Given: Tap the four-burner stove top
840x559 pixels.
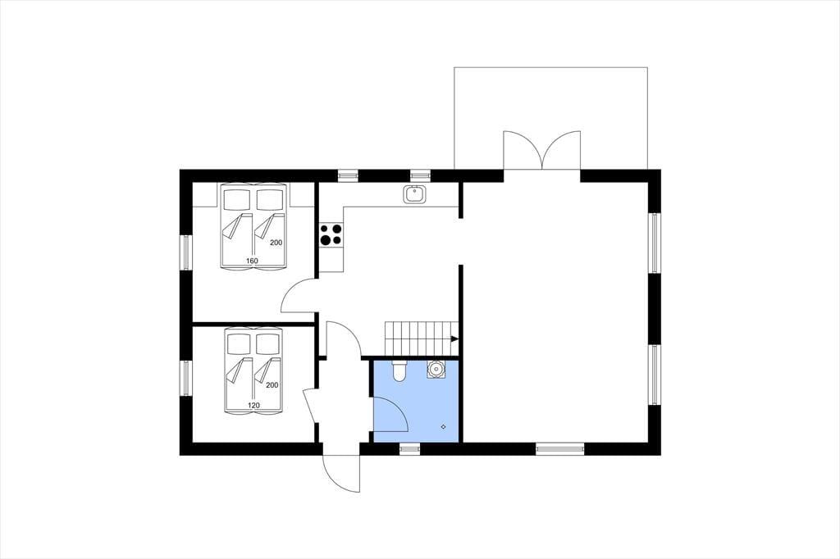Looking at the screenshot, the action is pyautogui.click(x=331, y=235).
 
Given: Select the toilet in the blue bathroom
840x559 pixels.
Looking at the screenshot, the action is pyautogui.click(x=399, y=370).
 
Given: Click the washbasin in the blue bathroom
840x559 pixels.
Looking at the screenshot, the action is pyautogui.click(x=436, y=370).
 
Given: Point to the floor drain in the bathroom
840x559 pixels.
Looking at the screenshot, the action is pyautogui.click(x=444, y=426).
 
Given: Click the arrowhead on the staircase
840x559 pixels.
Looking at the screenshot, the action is pyautogui.click(x=454, y=339).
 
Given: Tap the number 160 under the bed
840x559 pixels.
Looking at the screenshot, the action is pyautogui.click(x=252, y=261).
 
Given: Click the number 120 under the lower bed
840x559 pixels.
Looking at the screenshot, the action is pyautogui.click(x=254, y=406).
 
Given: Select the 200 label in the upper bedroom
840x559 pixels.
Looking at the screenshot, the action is pyautogui.click(x=276, y=243).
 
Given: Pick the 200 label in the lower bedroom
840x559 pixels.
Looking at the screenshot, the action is pyautogui.click(x=272, y=385).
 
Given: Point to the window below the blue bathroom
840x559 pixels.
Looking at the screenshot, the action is pyautogui.click(x=410, y=448).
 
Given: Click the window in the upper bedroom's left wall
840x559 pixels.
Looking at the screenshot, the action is pyautogui.click(x=186, y=252).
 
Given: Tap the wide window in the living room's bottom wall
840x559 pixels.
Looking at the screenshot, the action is pyautogui.click(x=559, y=448).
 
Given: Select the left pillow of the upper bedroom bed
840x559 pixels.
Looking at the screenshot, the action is pyautogui.click(x=237, y=200).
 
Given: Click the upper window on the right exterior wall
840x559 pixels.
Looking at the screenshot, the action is pyautogui.click(x=655, y=243).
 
